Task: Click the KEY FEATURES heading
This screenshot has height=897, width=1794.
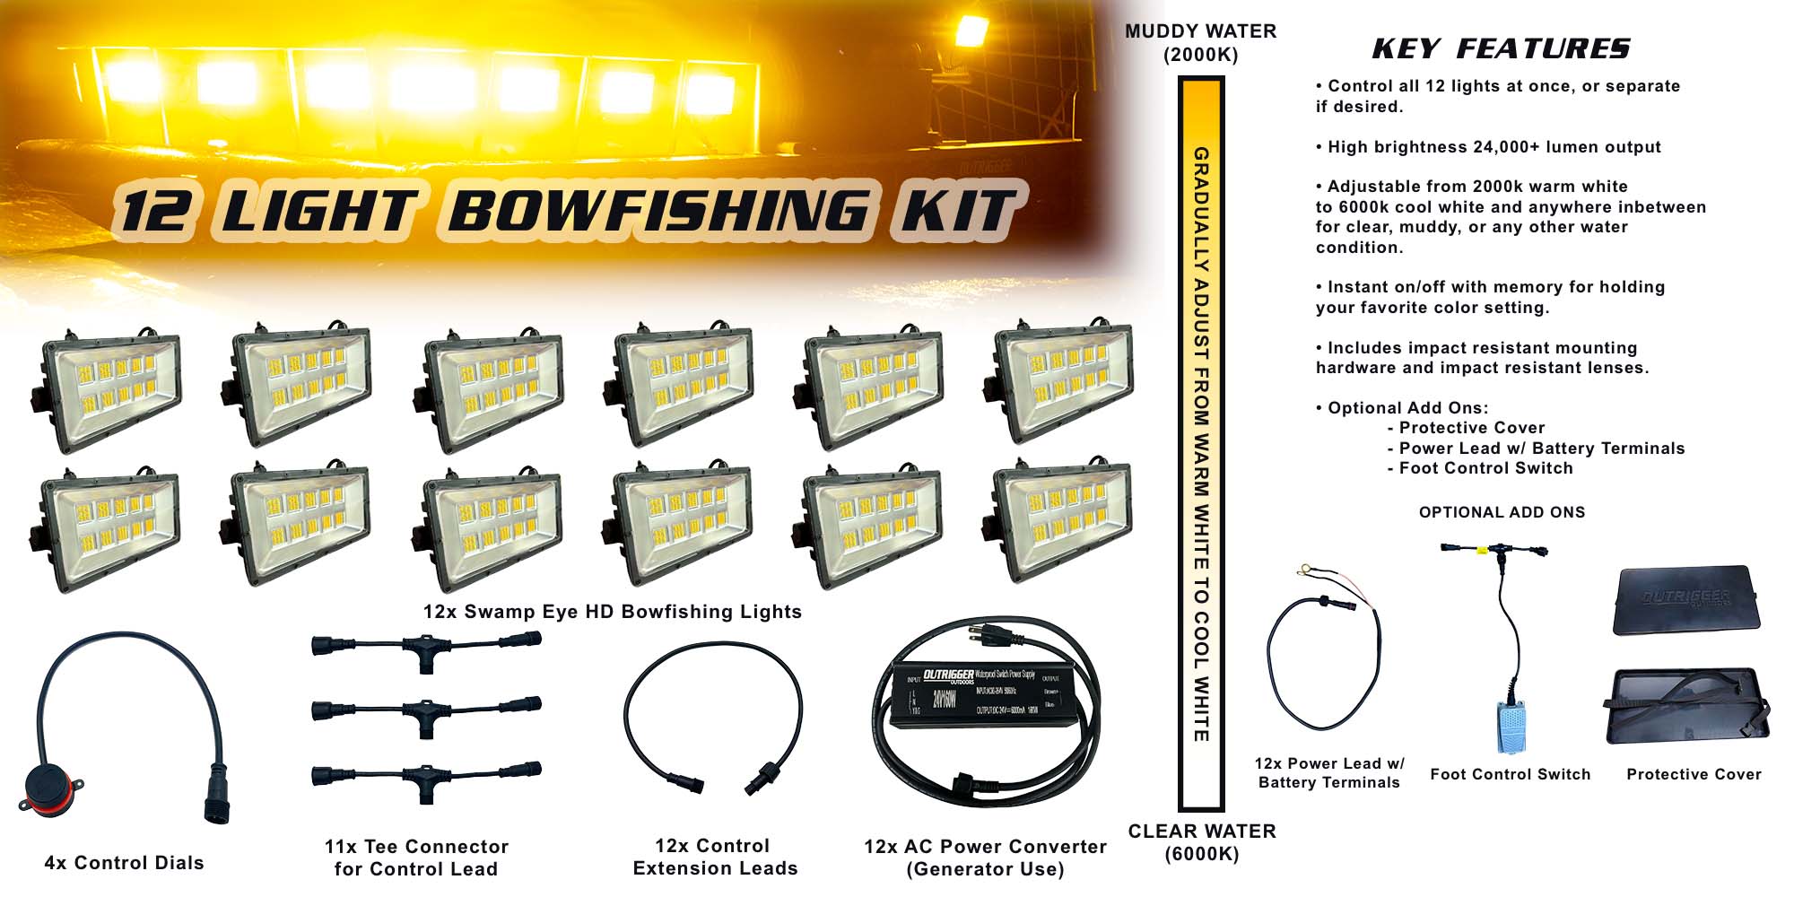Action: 1501,48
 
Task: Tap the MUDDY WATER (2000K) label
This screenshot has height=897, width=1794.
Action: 1200,43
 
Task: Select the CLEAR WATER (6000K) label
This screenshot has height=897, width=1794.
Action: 1201,842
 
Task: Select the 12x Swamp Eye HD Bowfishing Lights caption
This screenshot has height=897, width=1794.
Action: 612,612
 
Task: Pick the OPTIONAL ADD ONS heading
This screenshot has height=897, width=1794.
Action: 1502,512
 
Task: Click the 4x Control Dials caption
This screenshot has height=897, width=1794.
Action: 124,863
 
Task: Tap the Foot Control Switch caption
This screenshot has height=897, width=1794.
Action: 1510,774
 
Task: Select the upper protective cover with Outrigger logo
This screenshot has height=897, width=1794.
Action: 1685,600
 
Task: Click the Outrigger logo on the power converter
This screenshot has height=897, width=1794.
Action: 947,675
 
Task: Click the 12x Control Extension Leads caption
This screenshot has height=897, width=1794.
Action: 714,857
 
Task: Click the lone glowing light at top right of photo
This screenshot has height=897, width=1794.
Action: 970,32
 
